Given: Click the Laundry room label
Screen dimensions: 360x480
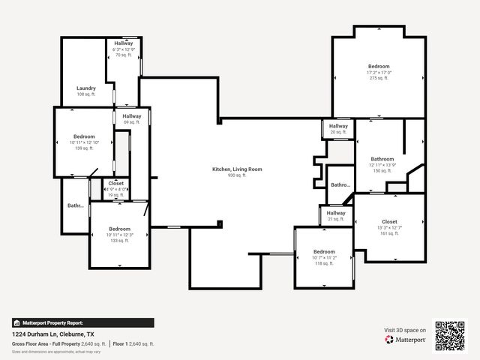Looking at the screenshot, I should point(85,88).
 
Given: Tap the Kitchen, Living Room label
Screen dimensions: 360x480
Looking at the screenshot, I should point(237,169).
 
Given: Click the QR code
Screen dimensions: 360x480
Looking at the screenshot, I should point(451,335).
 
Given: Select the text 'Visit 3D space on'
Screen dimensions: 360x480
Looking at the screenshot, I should point(405,330).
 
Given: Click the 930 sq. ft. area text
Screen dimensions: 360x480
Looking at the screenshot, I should point(237,175).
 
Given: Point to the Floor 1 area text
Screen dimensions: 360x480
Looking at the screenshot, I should point(133,343).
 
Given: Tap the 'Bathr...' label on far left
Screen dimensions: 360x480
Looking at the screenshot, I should point(75,205).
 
